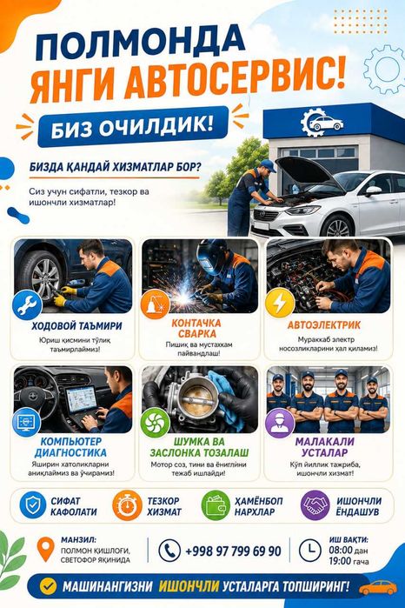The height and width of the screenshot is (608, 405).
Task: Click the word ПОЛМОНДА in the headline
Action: click(140, 41)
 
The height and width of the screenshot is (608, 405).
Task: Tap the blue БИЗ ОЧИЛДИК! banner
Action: click(133, 127)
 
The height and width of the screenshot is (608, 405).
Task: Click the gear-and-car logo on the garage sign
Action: click(322, 123)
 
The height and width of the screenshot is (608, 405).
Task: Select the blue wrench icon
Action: click(27, 304)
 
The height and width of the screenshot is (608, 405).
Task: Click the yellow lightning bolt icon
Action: click(280, 303)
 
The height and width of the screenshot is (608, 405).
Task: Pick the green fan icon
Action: click(155, 423)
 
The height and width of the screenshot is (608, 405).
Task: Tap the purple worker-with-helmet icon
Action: click(280, 423)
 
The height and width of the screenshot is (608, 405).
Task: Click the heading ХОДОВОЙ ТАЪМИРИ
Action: click(76, 325)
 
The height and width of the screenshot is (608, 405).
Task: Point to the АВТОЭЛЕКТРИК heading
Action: click(324, 325)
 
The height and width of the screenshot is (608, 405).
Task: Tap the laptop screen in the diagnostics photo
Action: click(81, 398)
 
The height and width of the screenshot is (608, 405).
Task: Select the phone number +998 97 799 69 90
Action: click(233, 551)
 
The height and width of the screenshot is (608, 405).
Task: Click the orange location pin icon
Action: click(45, 549)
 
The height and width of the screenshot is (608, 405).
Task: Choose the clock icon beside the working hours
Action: click(309, 551)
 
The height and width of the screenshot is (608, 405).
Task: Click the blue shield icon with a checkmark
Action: click(32, 504)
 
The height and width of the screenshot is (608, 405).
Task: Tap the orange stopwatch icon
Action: click(127, 504)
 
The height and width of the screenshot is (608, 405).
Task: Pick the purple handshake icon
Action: click(315, 504)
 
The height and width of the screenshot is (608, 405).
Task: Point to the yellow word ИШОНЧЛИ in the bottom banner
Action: click(189, 586)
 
